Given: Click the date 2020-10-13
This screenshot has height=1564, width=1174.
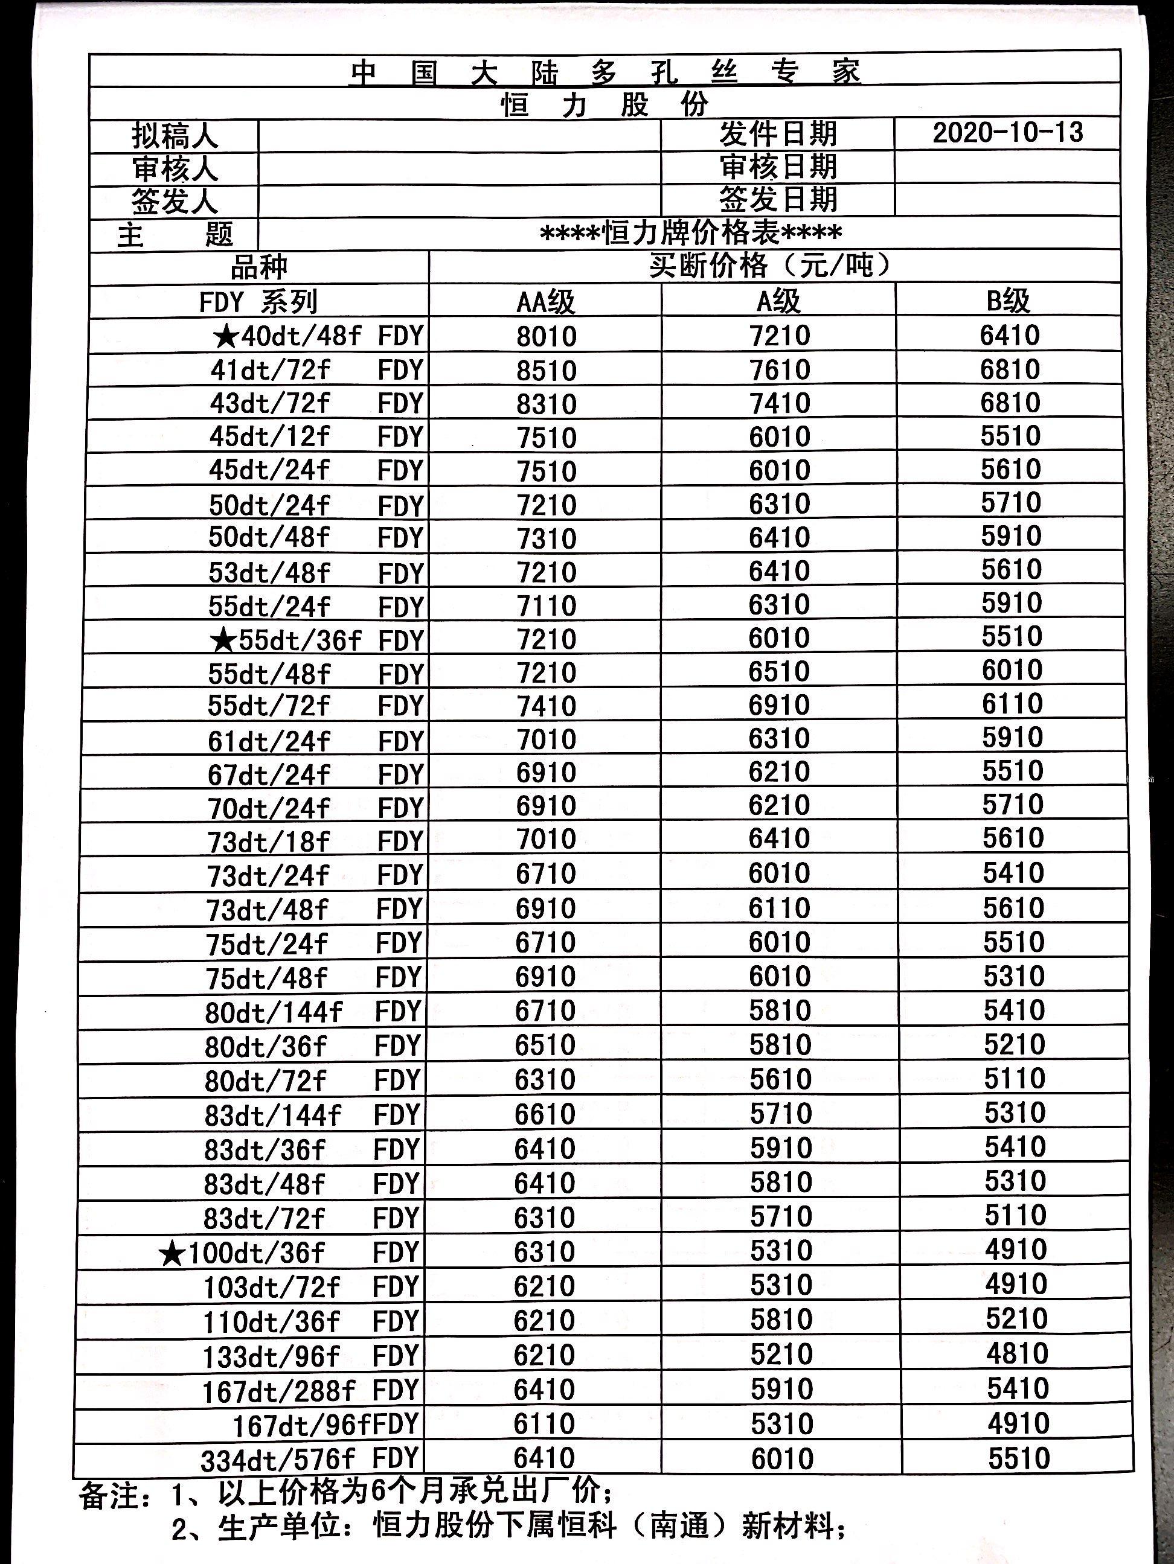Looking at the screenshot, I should pos(1007,133).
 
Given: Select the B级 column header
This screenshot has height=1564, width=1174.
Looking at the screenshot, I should pos(1008,302).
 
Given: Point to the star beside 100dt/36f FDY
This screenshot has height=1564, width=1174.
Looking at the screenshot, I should pos(172,1255).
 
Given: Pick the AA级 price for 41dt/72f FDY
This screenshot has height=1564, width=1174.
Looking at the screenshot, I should pos(546,371).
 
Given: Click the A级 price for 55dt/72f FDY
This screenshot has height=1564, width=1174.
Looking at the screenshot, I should pos(780,705).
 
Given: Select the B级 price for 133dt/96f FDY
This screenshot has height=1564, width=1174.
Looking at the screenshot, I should pos(1017,1353).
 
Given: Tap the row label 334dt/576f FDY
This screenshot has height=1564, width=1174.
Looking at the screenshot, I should pos(311,1458).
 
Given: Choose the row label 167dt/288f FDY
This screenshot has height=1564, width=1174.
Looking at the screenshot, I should pos(311,1391).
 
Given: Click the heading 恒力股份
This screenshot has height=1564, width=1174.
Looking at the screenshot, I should pos(605,104).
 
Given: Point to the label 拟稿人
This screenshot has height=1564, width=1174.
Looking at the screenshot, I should pos(175,136).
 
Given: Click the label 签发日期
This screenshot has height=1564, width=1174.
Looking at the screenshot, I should pos(778,200).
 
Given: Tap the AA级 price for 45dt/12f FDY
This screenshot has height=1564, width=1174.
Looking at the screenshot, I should pos(546,438).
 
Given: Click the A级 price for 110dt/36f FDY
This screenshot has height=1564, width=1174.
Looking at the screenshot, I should pos(781,1320).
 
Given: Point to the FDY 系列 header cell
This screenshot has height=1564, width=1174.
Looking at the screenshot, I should pos(258,302).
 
